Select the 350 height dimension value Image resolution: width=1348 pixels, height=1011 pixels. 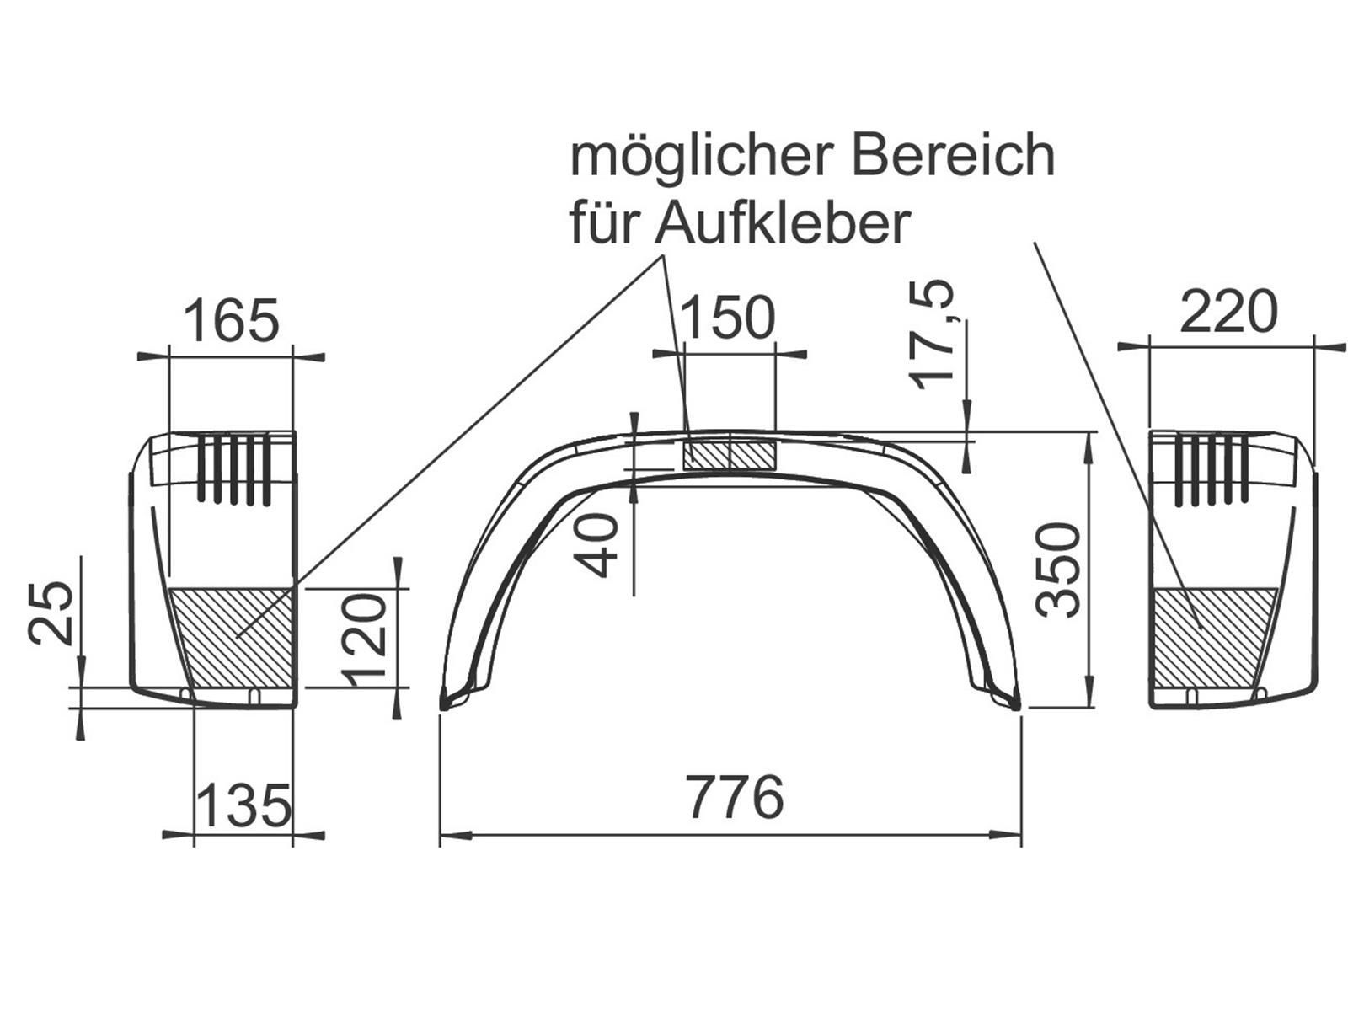(x=1057, y=569)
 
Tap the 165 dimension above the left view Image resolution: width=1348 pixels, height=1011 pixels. (x=231, y=320)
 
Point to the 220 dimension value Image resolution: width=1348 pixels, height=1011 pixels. (x=1228, y=312)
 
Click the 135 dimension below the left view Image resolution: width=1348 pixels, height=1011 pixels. (x=243, y=805)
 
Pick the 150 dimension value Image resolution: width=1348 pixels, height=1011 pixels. (x=728, y=317)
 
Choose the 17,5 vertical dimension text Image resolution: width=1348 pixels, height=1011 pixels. (x=933, y=334)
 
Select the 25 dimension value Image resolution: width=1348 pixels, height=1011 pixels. (x=51, y=612)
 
